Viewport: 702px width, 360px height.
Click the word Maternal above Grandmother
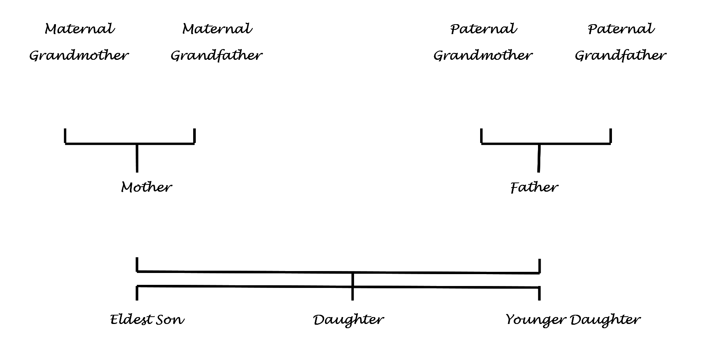coord(80,29)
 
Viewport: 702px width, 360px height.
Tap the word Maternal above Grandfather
coord(217,29)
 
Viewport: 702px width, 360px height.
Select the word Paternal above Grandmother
coord(484,29)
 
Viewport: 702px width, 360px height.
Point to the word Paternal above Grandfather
coord(621,29)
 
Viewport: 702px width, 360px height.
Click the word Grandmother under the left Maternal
coord(79,56)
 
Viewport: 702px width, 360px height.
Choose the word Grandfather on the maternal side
coord(217,56)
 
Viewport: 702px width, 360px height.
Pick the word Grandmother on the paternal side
coord(483,56)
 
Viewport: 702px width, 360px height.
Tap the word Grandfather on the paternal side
coord(620,56)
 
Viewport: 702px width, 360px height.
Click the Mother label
coord(146,187)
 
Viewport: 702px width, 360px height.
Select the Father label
coord(534,187)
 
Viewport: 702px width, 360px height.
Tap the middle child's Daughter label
coord(348,319)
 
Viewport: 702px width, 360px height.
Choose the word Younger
coord(535,319)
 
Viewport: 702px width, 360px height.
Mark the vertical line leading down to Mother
coord(137,158)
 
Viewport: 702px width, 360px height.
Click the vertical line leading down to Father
coord(539,158)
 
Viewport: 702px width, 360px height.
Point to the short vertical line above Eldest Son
coord(137,293)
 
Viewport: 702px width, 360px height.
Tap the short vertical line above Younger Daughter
coord(539,293)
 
